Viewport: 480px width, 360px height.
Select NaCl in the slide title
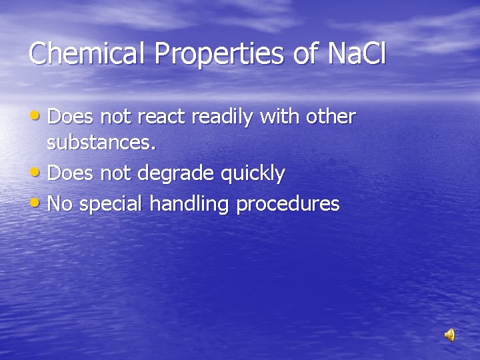coord(357,53)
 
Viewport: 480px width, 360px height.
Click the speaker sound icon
coord(451,335)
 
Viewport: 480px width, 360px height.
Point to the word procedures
coord(288,204)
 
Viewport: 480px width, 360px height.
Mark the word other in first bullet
coord(331,117)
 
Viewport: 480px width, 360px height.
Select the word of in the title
coord(307,53)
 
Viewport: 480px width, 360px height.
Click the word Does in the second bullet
coord(71,174)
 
